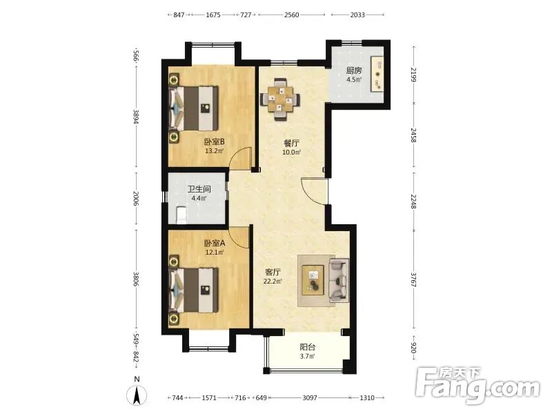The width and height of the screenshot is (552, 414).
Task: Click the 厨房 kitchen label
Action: pos(354,70)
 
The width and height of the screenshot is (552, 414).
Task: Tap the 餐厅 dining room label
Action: pos(292,144)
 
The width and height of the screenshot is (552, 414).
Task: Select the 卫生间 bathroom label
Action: pos(199,189)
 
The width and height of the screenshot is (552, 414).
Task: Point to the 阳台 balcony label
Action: pos(307,347)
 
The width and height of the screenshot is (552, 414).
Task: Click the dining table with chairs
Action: pos(280,99)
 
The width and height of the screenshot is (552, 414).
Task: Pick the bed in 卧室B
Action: pos(194,108)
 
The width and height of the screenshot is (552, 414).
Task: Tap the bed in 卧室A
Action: pos(194,290)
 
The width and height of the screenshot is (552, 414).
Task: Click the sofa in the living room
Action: pos(339,281)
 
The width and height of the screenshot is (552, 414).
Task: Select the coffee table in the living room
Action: pos(313,280)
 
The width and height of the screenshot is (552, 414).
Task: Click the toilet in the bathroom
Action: pos(181,215)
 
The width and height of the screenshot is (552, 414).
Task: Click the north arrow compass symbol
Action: pos(137,392)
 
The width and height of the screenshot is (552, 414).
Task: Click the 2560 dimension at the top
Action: pos(291,14)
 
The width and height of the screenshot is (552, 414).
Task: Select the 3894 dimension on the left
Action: pos(136,116)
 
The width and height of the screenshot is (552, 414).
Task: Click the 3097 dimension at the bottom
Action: pos(310,398)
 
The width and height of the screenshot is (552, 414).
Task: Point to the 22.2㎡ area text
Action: pos(273,282)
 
